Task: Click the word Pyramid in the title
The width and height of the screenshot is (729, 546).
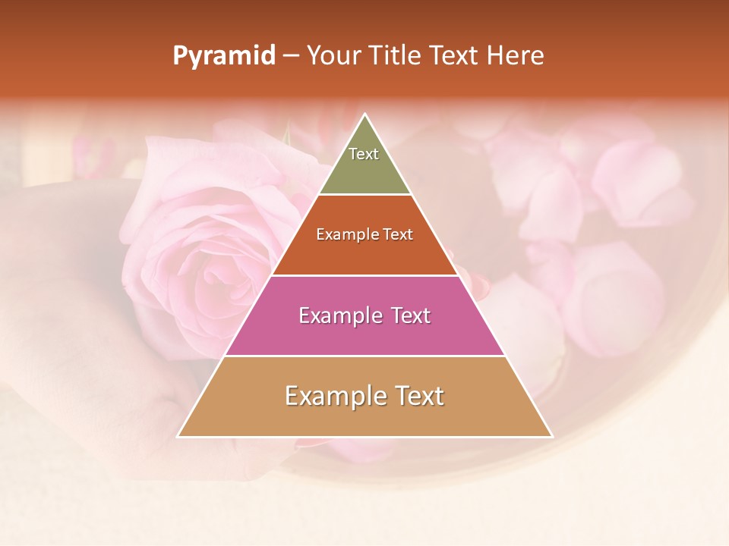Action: coord(224,56)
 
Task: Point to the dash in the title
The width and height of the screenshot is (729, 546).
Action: coord(291,57)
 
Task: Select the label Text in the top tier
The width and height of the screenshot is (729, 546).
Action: coord(364,154)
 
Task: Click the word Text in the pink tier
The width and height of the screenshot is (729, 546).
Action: coord(409,315)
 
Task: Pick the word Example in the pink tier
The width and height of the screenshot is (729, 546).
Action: coord(339,315)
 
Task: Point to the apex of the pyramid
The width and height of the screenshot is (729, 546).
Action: coord(365,115)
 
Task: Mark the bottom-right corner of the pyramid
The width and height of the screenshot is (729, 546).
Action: coord(551,436)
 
